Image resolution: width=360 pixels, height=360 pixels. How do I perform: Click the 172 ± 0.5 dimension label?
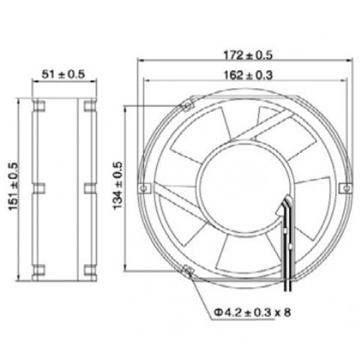pyautogui.click(x=248, y=55)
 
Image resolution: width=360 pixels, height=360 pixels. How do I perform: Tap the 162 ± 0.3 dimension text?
pyautogui.click(x=248, y=75)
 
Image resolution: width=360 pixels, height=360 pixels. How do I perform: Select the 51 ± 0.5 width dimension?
pyautogui.click(x=63, y=74)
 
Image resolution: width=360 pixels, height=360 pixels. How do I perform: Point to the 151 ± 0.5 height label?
pyautogui.click(x=13, y=186)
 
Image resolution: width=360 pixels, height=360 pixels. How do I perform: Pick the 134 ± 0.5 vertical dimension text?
pyautogui.click(x=118, y=185)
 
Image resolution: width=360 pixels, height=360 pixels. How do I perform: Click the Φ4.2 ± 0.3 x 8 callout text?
pyautogui.click(x=253, y=312)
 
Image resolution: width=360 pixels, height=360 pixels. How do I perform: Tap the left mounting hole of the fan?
pyautogui.click(x=143, y=188)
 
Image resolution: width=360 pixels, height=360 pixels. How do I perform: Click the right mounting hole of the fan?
pyautogui.click(x=347, y=188)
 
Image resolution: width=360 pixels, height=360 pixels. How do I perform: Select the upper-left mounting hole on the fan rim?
pyautogui.click(x=188, y=106)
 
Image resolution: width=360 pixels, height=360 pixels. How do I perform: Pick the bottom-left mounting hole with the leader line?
pyautogui.click(x=188, y=271)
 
